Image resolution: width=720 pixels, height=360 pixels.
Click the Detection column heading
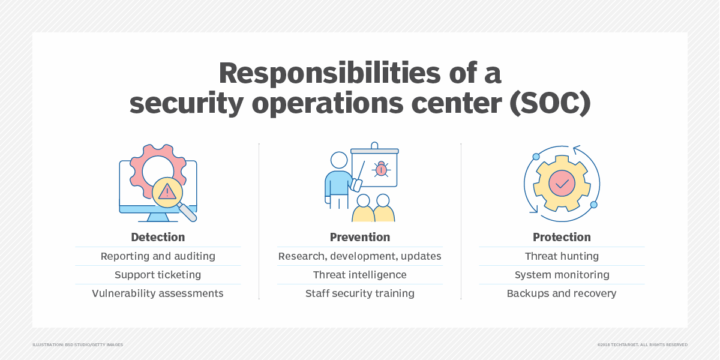[x=158, y=237]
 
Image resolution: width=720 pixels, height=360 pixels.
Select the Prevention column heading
[x=360, y=237]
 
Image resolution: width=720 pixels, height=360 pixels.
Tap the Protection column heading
[x=562, y=237]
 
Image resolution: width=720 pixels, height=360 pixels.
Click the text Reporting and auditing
[x=158, y=256]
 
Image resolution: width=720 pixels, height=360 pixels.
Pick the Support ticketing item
[x=158, y=275]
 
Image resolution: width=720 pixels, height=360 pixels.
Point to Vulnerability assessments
[x=158, y=293]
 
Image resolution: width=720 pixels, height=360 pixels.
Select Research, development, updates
[x=360, y=256]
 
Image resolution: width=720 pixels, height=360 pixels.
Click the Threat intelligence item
[x=360, y=275]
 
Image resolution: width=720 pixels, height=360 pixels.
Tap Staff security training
[x=360, y=293]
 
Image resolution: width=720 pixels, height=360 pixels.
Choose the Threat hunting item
[x=562, y=256]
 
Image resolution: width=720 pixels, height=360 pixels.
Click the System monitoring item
[x=562, y=275]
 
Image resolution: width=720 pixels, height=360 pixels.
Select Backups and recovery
[x=562, y=293]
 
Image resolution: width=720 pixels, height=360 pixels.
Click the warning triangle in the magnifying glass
[x=167, y=191]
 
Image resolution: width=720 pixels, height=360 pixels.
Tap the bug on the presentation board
[x=380, y=169]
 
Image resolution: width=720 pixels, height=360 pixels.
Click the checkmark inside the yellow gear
[x=562, y=184]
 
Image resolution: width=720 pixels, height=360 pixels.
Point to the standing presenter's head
[x=339, y=160]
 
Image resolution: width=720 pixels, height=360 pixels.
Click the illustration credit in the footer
[x=77, y=344]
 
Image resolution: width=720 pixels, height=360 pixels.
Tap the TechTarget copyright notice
[x=642, y=344]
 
